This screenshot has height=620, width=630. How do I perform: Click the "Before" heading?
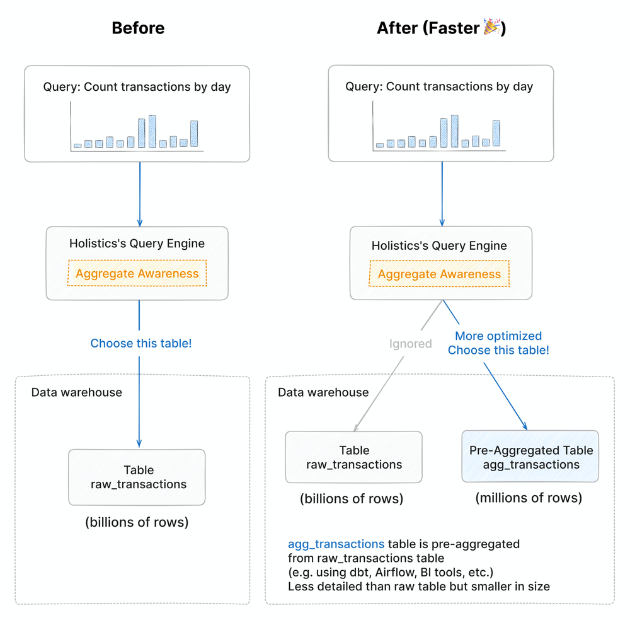pos(138,28)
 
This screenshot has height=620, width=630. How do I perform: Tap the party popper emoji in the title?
pos(491,26)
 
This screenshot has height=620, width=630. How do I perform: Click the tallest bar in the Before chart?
pos(152,131)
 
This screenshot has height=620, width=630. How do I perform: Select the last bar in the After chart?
pos(496,133)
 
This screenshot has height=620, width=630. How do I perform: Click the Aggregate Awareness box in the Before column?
pos(137,273)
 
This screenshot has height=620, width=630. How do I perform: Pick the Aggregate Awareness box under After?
pos(439,274)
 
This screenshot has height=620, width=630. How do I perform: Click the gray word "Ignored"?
pos(410,344)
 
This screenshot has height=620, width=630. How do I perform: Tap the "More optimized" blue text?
pos(498,336)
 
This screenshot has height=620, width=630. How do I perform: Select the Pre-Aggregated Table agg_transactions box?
pos(530,456)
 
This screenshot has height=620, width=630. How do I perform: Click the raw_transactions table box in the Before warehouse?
pos(137,477)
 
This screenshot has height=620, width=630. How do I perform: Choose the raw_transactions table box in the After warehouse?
pos(353,457)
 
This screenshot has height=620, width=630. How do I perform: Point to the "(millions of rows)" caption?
pos(529,498)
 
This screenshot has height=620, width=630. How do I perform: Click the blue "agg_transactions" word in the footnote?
pos(336,544)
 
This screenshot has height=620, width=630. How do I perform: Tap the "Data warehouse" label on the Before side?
pos(77,392)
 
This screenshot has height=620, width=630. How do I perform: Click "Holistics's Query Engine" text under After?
pos(439,245)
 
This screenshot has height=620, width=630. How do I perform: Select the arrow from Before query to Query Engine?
pos(140,194)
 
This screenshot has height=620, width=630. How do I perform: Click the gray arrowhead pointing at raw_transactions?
pos(356,427)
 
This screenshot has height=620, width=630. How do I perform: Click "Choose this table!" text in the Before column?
pos(141,343)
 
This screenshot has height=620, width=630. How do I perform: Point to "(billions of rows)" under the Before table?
pos(137,522)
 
